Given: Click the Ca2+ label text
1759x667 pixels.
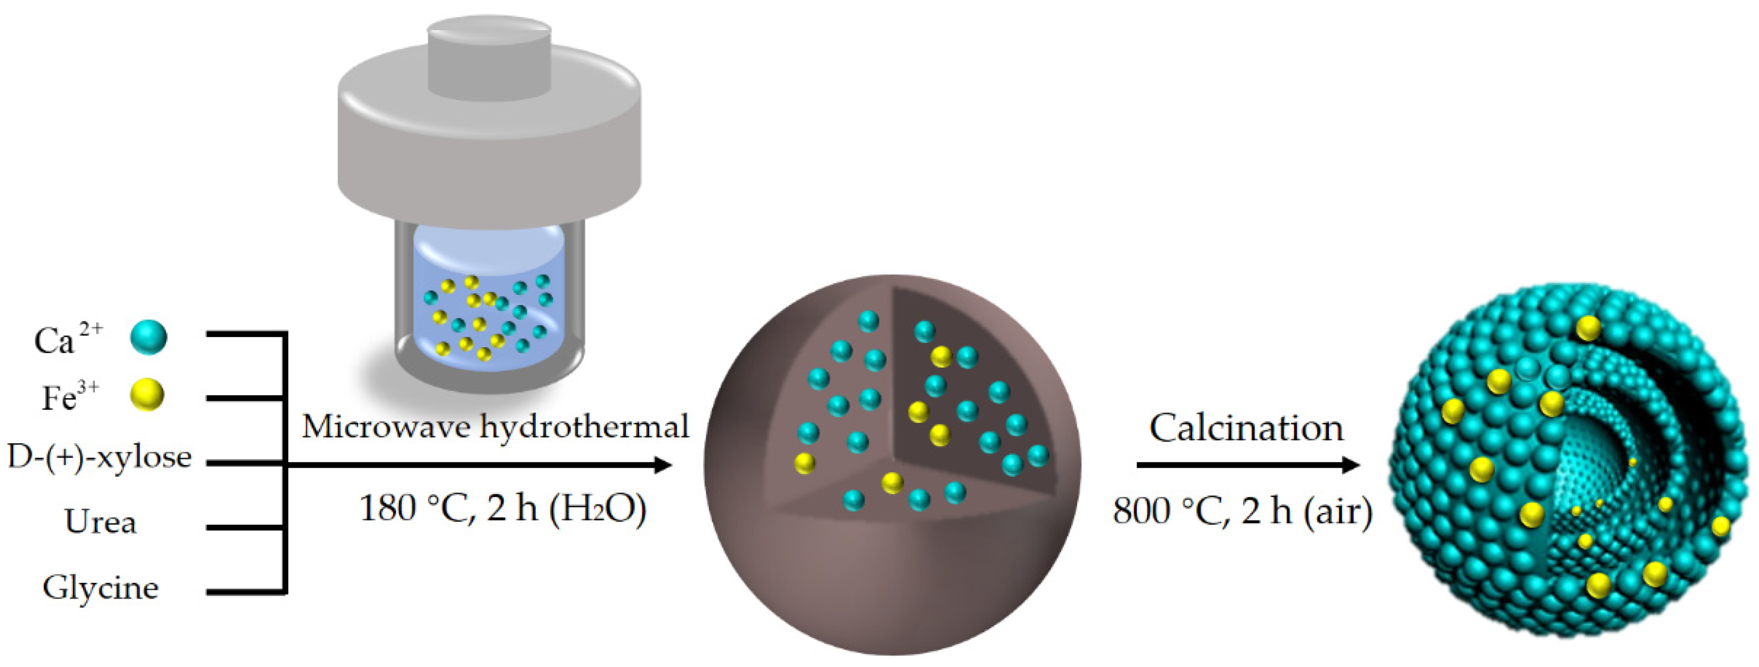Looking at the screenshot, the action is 67,339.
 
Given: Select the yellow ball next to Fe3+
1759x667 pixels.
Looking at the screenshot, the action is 147,395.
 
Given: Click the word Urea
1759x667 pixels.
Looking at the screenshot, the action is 100,523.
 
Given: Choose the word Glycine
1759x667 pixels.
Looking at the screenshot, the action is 100,587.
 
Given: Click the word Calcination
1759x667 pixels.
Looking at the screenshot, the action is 1246,429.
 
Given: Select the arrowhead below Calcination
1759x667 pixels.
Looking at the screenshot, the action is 1351,465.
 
